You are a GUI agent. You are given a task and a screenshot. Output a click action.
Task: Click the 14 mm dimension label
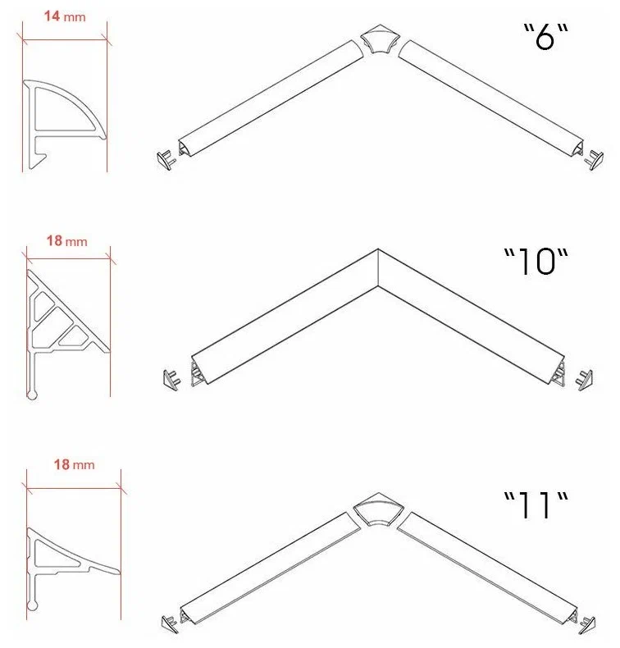click(65, 16)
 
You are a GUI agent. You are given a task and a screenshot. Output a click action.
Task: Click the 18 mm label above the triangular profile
click(67, 240)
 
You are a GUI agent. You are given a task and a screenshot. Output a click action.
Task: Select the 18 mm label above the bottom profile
click(75, 464)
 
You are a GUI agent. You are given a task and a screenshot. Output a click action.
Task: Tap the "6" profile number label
click(546, 36)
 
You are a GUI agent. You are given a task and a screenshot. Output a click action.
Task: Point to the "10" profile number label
click(536, 261)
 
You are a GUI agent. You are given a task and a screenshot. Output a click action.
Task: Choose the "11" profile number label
click(536, 505)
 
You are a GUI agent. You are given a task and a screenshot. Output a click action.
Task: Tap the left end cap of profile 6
click(166, 160)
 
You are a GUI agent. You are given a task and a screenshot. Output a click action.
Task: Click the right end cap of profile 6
click(594, 159)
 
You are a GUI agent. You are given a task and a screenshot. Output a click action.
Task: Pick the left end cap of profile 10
click(172, 380)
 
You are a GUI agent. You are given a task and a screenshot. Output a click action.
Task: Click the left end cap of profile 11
click(171, 623)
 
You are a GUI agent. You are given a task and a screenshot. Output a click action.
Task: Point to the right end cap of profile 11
click(587, 625)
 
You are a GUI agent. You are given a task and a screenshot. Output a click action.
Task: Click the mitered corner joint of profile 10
click(378, 267)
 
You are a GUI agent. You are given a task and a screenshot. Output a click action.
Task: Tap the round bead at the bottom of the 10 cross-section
click(32, 395)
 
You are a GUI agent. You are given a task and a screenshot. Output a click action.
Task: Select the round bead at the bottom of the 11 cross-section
click(32, 606)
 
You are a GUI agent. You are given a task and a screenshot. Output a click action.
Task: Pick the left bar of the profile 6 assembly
click(271, 98)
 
